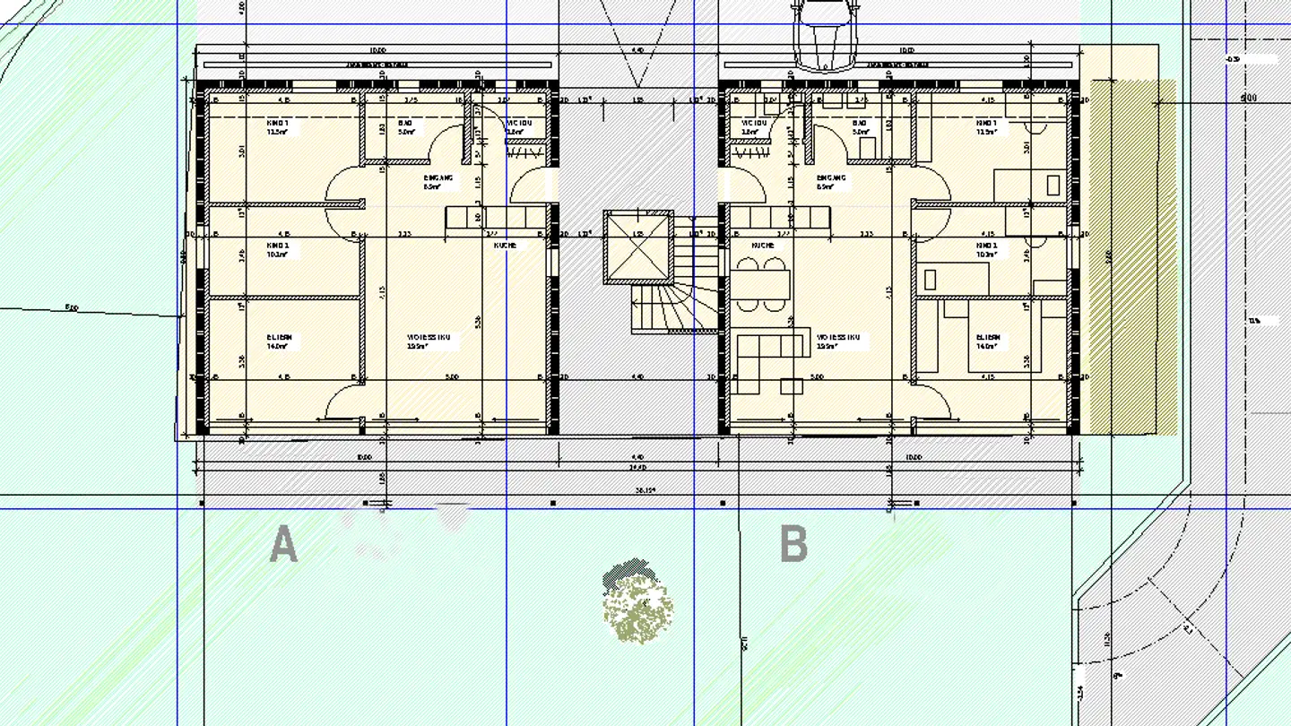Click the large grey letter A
[283, 544]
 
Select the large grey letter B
[793, 544]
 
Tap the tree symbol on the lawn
[637, 605]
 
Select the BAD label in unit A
[406, 126]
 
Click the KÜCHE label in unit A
[505, 245]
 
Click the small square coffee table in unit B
[791, 386]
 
